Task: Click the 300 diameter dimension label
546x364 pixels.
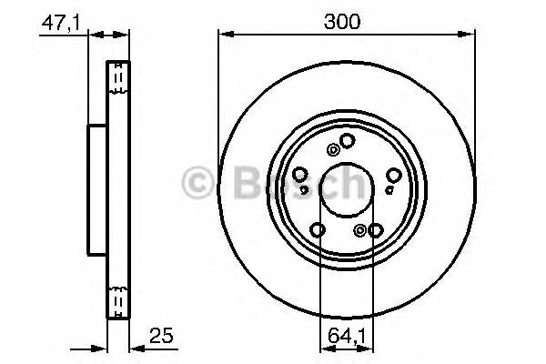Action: pyautogui.click(x=347, y=21)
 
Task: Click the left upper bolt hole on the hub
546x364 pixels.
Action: pyautogui.click(x=301, y=174)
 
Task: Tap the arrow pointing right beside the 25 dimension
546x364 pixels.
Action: pyautogui.click(x=100, y=346)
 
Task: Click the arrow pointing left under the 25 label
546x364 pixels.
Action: pyautogui.click(x=137, y=346)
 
